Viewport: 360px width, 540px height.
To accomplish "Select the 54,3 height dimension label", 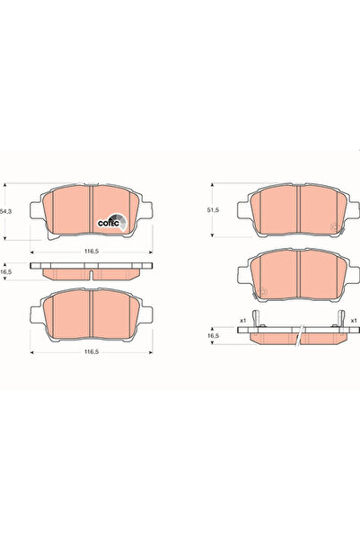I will coord(7,210).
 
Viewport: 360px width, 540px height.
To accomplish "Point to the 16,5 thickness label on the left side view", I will coord(6,270).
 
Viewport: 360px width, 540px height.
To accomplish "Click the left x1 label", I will coord(242,319).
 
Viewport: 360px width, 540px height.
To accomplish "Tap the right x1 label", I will coord(354,319).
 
